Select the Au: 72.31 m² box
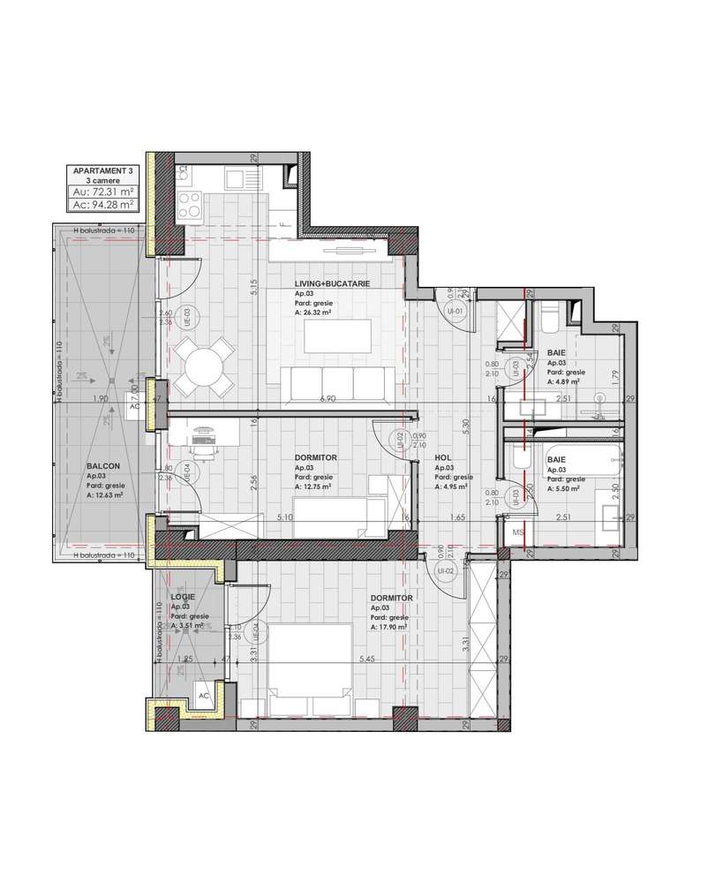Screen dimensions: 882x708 point(103,191)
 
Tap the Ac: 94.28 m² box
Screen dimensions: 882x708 point(103,205)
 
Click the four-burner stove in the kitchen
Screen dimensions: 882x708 point(189,205)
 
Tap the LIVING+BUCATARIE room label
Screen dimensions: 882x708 point(332,283)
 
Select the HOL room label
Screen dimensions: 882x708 point(443,457)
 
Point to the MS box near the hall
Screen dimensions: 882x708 point(517,532)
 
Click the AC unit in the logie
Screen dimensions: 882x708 point(203,695)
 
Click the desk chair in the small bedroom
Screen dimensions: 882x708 point(207,449)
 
